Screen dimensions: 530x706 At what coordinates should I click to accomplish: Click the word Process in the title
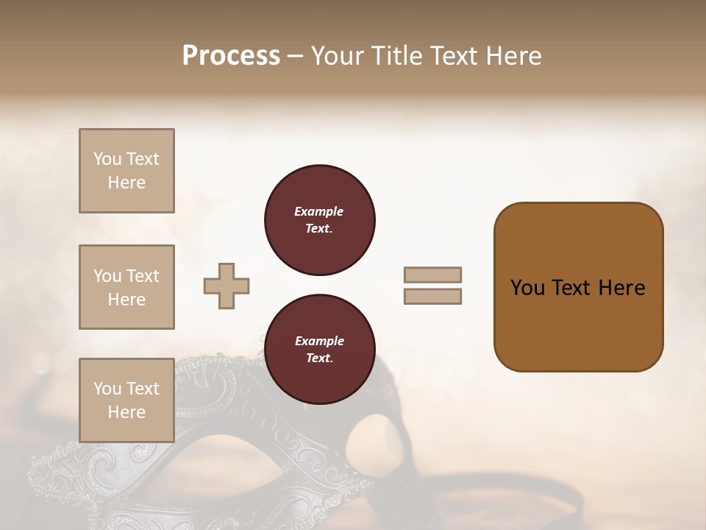pos(231,56)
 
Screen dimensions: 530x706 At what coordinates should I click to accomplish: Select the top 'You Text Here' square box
pos(126,171)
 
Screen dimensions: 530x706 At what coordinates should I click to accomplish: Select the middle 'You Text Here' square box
pos(126,287)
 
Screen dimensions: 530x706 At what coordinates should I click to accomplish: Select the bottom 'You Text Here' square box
pos(126,400)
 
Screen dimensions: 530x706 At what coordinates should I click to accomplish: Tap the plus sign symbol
pos(227,286)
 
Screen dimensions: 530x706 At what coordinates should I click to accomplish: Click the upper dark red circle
pos(320,219)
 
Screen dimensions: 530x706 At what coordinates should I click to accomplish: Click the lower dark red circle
pos(320,349)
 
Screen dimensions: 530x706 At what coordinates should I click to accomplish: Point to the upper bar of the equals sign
pos(432,275)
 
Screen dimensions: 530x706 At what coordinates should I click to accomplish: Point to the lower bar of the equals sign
pos(432,296)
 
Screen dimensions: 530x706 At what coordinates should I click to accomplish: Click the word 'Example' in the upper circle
pos(319,211)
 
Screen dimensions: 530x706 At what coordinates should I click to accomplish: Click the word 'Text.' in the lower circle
pos(319,358)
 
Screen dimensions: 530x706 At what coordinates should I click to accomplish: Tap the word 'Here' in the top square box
pos(126,183)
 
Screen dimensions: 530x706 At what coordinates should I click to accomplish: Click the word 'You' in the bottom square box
pos(107,389)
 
